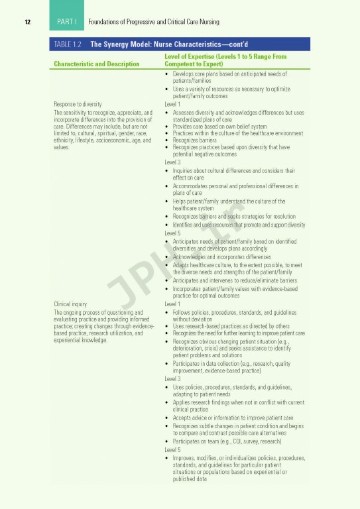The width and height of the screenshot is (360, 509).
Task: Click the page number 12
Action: (27, 22)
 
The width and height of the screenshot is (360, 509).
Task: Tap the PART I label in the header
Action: (67, 22)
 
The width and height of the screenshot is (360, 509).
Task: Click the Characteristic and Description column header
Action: (96, 64)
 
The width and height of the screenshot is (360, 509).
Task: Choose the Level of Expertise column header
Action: (225, 60)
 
